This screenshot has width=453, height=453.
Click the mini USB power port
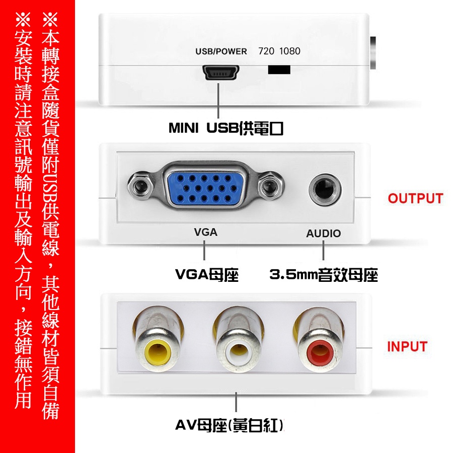point(221,72)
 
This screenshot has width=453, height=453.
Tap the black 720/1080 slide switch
point(279,69)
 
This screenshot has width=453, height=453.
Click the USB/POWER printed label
point(221,51)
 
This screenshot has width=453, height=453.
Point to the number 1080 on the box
point(290,51)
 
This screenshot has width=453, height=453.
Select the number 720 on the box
point(266,51)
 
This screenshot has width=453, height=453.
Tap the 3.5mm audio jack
point(325,190)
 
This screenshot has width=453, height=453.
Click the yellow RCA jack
point(158,352)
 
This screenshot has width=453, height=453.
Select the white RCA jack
point(238,352)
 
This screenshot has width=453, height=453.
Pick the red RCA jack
point(319,352)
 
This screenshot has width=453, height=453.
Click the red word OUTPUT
point(415,198)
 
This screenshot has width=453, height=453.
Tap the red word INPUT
point(407,347)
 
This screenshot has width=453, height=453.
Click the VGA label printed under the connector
point(205,232)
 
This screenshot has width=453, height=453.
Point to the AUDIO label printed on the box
point(323,234)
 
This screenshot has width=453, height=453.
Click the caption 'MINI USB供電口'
point(225,128)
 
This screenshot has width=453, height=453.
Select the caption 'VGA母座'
point(207,275)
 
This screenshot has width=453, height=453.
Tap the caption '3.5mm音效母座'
point(324,275)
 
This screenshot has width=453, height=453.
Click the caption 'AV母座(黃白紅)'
point(230,425)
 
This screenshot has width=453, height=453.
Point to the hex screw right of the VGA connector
point(271,186)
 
